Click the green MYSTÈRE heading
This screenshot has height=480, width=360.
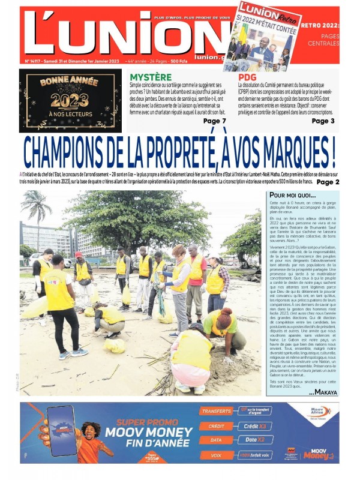click(x=151, y=77)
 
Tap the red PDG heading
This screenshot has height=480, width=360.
click(x=247, y=77)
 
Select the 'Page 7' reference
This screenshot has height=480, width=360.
click(x=215, y=121)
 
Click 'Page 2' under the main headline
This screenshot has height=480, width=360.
click(x=328, y=182)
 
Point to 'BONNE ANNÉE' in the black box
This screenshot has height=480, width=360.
click(x=70, y=81)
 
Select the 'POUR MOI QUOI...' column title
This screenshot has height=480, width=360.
click(x=292, y=196)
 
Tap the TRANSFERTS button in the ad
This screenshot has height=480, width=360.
click(x=216, y=412)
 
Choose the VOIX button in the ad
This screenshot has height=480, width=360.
click(x=216, y=455)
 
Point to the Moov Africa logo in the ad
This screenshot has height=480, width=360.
click(x=316, y=414)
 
